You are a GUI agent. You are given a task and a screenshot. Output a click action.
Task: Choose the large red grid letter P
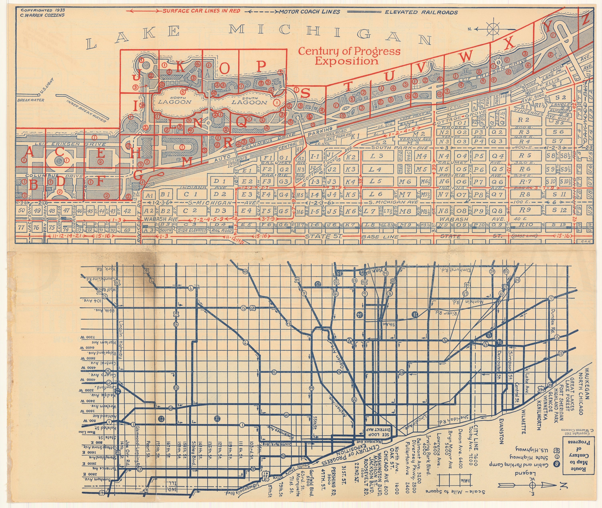tap(261, 66)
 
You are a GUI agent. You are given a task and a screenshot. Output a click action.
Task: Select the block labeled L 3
tap(377, 156)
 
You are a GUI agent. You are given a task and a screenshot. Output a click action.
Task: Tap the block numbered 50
tap(22, 210)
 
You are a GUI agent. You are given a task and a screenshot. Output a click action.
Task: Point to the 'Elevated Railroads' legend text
tap(421, 12)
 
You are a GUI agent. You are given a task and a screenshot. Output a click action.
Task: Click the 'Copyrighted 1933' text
tap(43, 10)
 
